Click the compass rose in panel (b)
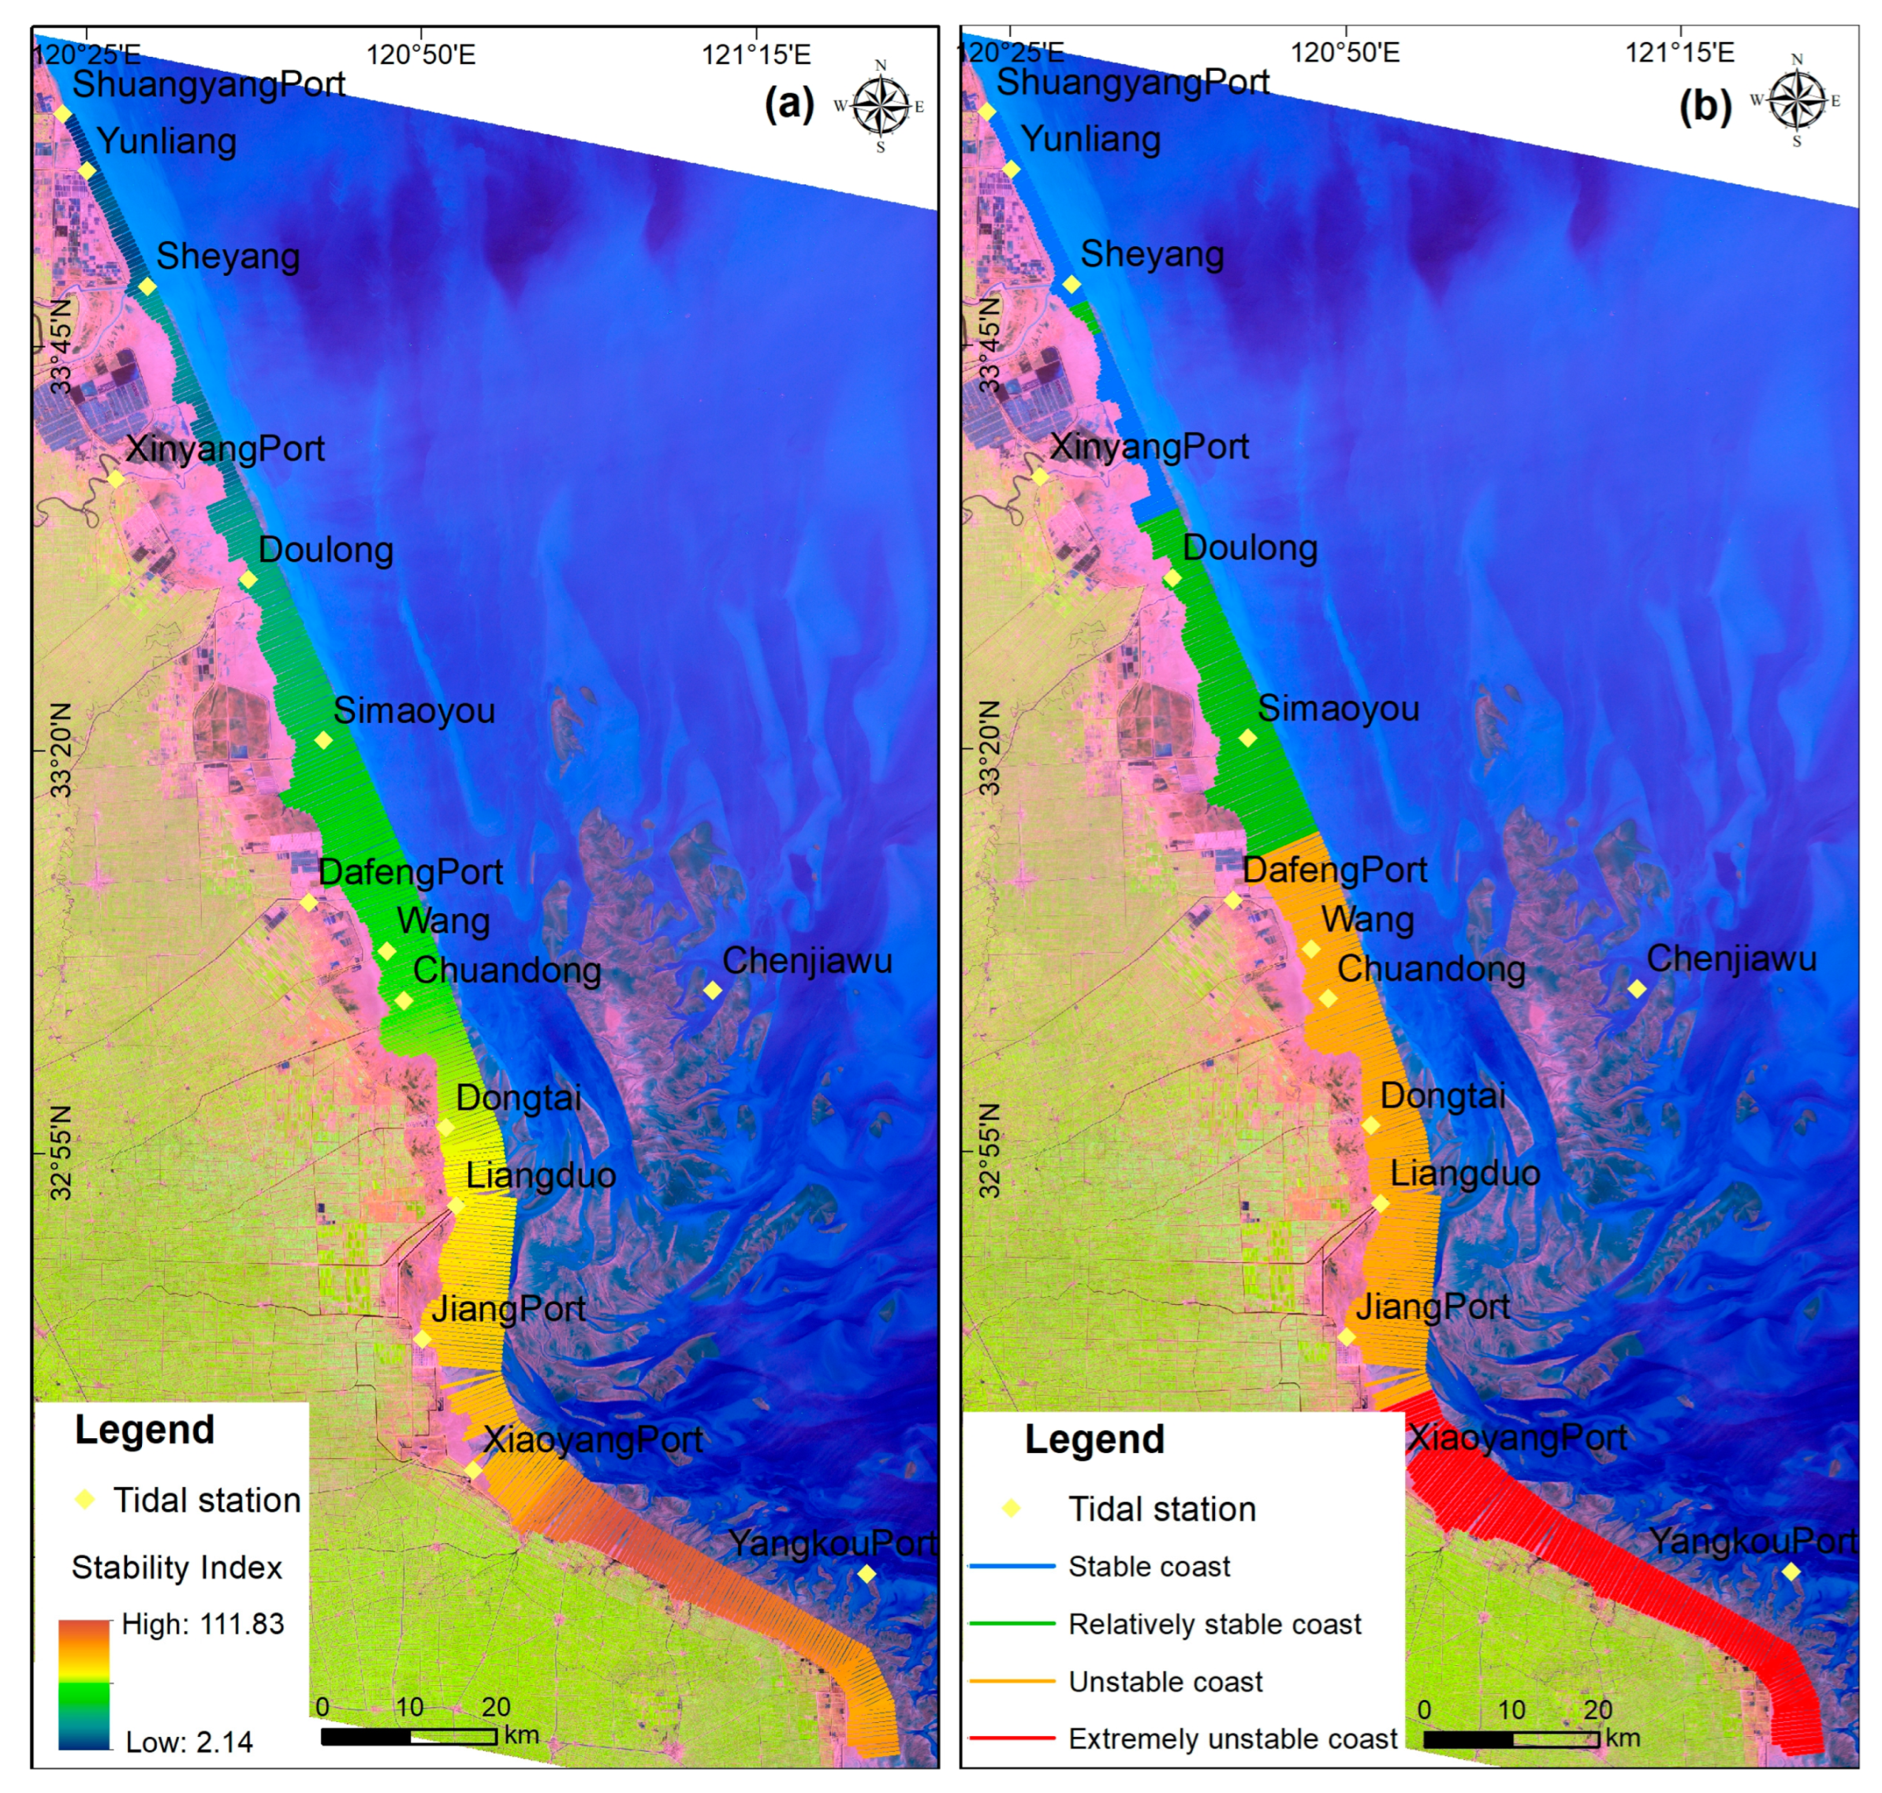[x=1796, y=100]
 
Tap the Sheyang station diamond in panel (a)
[x=147, y=287]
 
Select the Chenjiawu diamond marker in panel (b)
[x=1636, y=988]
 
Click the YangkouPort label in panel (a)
[x=832, y=1542]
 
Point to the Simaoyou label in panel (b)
[x=1337, y=708]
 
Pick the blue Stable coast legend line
[x=1012, y=1566]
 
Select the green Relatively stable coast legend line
[x=1012, y=1623]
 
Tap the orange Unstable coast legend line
[x=1012, y=1680]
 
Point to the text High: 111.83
[x=203, y=1623]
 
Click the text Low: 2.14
[x=189, y=1742]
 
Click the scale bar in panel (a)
[x=408, y=1735]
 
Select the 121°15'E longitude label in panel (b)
[x=1679, y=51]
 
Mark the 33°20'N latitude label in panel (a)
[x=61, y=751]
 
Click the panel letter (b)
[x=1705, y=106]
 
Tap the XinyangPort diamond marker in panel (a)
[x=114, y=479]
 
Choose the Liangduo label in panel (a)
[x=540, y=1175]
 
